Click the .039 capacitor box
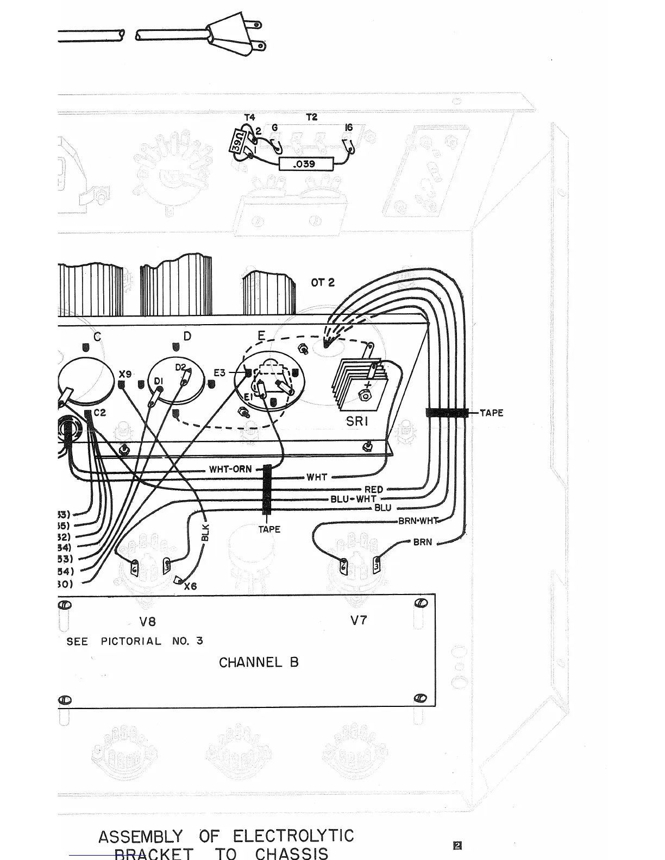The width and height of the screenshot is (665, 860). [304, 163]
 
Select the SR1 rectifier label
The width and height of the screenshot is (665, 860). [357, 421]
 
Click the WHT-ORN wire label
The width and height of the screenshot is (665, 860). [230, 469]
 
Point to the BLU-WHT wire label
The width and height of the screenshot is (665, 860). [353, 499]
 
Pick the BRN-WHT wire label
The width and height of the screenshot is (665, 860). [418, 521]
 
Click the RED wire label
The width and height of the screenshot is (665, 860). [373, 490]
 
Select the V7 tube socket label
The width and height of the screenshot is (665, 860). [359, 620]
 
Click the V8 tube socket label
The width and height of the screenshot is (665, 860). [148, 621]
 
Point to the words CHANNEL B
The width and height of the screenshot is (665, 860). [259, 662]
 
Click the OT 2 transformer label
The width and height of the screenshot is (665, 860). [323, 282]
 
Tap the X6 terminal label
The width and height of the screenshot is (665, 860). [190, 586]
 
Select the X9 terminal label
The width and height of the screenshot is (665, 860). [125, 374]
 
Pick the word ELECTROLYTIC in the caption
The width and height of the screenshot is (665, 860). [293, 836]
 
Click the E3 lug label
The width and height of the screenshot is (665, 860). [219, 373]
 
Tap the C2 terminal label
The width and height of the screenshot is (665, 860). [99, 413]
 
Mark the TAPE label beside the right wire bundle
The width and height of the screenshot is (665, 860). [491, 413]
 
